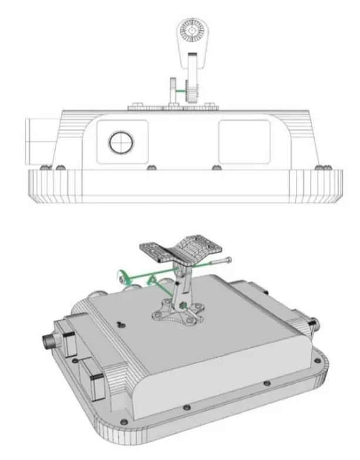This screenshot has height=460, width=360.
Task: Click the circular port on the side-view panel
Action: [x=122, y=142]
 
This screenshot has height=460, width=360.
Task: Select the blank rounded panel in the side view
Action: [x=243, y=141]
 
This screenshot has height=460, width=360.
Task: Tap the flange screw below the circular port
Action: [x=151, y=167]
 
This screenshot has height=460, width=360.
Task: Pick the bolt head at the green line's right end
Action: [x=227, y=259]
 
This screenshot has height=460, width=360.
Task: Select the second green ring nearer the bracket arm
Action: [x=152, y=281]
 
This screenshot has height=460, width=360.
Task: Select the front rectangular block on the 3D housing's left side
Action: [x=93, y=374]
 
